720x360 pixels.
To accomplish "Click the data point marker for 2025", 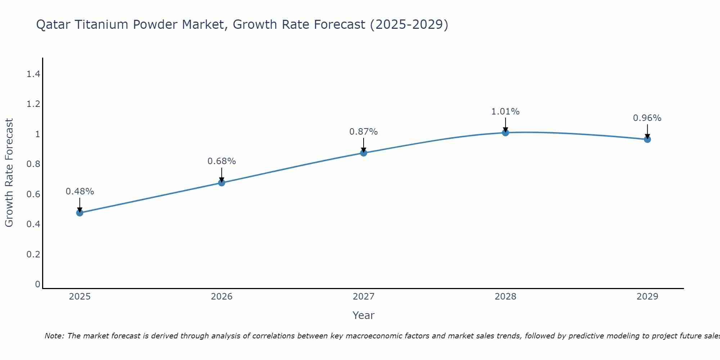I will point(80,213).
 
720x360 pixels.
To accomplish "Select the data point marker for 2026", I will point(222,183).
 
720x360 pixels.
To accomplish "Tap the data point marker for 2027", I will point(364,153).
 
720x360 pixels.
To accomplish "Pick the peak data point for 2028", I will point(505,132).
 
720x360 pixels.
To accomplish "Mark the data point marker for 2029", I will point(647,139).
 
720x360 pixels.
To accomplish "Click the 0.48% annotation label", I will point(80,192).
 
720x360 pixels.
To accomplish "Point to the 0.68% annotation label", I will point(222,161).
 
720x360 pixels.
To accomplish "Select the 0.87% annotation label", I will point(364,132).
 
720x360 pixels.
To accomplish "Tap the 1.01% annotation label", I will point(505,112).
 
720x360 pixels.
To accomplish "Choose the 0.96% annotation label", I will point(647,118).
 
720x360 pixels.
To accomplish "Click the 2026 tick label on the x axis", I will point(222,297).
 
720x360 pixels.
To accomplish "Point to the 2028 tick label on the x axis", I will point(505,297).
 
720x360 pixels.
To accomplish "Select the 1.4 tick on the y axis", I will point(33,74).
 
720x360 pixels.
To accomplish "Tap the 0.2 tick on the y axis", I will point(33,255).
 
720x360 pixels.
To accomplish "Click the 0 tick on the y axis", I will point(37,284).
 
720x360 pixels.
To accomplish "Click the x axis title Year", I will point(364,315).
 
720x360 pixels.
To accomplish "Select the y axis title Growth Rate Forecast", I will point(9,173).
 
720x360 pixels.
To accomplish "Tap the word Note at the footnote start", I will point(54,336).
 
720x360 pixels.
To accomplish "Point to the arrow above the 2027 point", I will point(364,144).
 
